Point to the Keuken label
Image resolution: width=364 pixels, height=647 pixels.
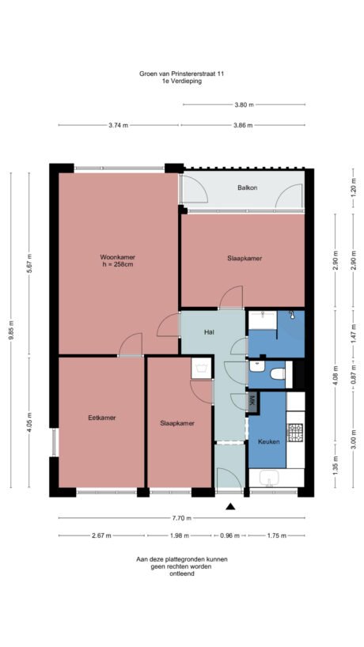(x=268, y=441)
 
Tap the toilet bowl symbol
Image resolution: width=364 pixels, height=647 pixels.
(x=276, y=374)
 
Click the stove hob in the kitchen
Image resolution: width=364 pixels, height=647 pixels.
(x=295, y=433)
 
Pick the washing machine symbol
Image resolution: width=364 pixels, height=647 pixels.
(x=262, y=320)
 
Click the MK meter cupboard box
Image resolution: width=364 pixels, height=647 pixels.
(x=252, y=400)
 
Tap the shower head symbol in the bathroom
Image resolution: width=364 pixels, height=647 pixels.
(x=293, y=316)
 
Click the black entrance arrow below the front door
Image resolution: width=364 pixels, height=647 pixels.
(x=230, y=506)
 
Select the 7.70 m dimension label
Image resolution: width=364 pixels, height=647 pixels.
(x=182, y=518)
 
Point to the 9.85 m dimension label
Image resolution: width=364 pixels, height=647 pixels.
(x=11, y=334)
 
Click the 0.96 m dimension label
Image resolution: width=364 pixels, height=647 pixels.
(x=229, y=535)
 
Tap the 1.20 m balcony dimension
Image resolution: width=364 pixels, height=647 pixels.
(x=353, y=188)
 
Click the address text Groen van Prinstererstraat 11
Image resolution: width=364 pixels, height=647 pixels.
(x=181, y=74)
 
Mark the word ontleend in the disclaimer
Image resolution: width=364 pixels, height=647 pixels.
(x=181, y=573)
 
